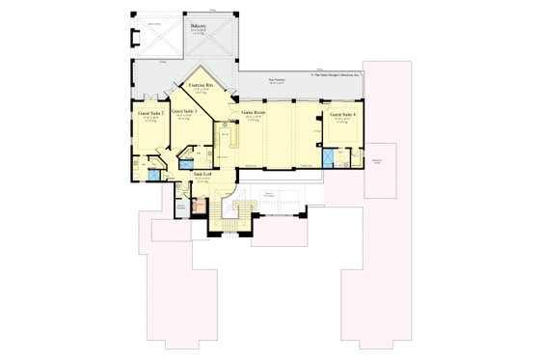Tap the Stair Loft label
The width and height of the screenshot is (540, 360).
pyautogui.click(x=202, y=175)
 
